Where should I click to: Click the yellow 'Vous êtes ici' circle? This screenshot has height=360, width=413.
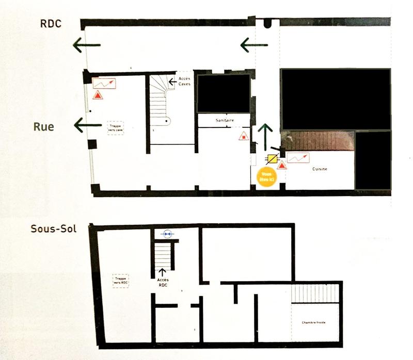click(266, 177)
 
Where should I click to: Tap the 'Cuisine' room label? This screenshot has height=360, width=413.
click(320, 169)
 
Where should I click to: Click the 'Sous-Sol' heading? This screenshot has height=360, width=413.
click(53, 228)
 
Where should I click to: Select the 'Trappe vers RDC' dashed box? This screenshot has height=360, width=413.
click(121, 280)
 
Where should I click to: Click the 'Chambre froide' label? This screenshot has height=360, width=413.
click(314, 323)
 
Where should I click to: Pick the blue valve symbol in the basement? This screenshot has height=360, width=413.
click(166, 234)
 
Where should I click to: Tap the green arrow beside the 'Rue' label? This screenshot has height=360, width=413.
click(87, 124)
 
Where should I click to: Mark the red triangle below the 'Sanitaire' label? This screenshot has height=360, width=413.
click(242, 136)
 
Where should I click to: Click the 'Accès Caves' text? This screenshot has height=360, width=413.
click(184, 81)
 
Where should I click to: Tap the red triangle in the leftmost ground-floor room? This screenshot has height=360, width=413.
click(97, 94)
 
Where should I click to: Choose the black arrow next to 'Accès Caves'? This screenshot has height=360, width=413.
click(172, 81)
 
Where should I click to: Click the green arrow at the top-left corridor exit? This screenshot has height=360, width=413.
click(86, 46)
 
